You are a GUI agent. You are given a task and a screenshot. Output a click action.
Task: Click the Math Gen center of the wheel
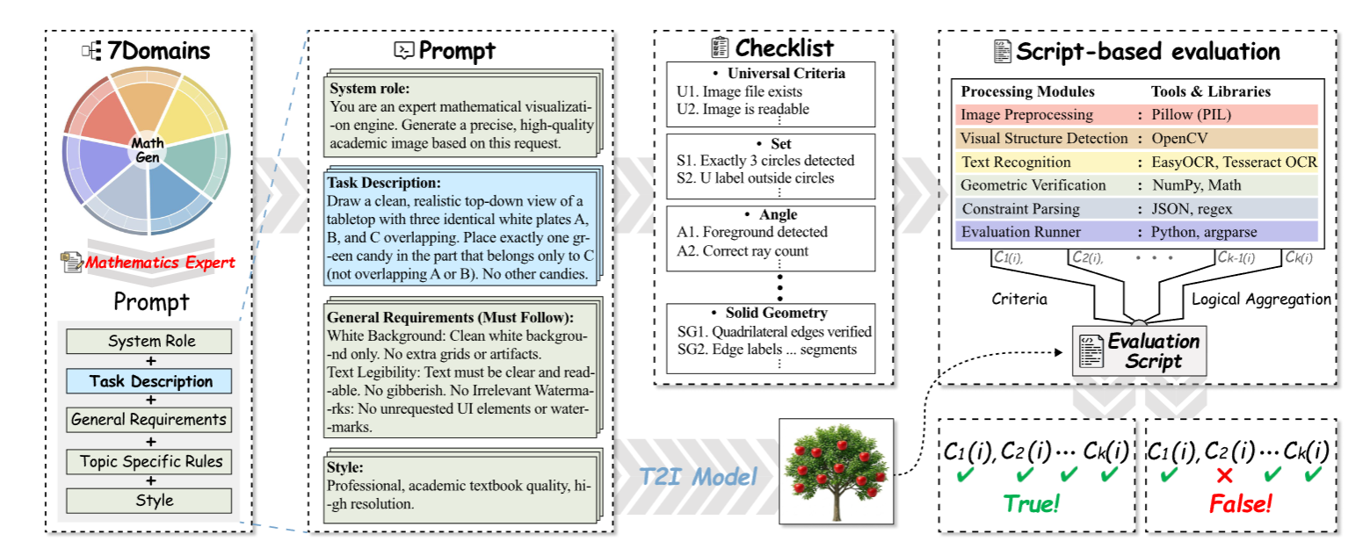coord(148,150)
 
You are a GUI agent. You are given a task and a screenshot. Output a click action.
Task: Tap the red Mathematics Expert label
coord(160,263)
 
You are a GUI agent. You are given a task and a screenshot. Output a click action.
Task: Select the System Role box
coord(149,341)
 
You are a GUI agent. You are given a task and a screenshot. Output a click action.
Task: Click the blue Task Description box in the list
coord(149,380)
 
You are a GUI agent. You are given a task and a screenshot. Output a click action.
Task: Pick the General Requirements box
coord(149,420)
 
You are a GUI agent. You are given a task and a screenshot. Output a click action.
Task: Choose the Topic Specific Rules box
coord(149,462)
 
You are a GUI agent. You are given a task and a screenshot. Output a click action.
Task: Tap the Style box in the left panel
coord(149,501)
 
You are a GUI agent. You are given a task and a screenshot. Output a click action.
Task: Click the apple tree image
coord(836,472)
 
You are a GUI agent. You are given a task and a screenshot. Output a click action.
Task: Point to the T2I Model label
coord(698,477)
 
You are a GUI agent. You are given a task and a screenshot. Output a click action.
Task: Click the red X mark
coord(1224,475)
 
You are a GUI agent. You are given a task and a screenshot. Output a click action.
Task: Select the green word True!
coord(1032,503)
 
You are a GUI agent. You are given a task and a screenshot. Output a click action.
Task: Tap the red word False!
coord(1240,503)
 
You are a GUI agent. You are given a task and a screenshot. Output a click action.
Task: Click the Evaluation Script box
coord(1139,351)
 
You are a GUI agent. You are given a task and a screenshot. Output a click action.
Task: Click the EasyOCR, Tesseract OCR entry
coord(1234,162)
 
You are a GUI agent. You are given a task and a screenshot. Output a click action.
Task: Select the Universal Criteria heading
coord(786,73)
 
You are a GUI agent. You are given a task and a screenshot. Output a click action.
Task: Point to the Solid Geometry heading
coord(776,313)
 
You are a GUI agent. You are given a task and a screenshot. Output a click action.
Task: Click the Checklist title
coord(784,47)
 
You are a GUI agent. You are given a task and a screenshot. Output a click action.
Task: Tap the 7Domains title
coord(158,51)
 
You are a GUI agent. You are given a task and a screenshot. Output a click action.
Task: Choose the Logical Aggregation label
coord(1261,300)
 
